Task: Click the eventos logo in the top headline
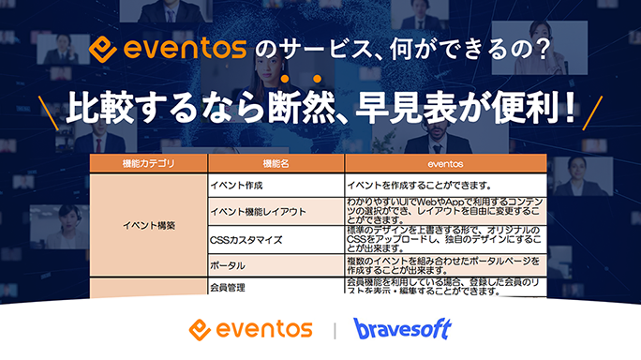168,45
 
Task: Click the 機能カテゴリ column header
148,163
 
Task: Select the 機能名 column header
275,163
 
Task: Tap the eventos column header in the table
445,163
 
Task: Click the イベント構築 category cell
148,225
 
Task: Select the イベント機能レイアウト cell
259,212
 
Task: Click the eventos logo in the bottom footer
250,329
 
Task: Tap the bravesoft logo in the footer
403,329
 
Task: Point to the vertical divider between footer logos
335,330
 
